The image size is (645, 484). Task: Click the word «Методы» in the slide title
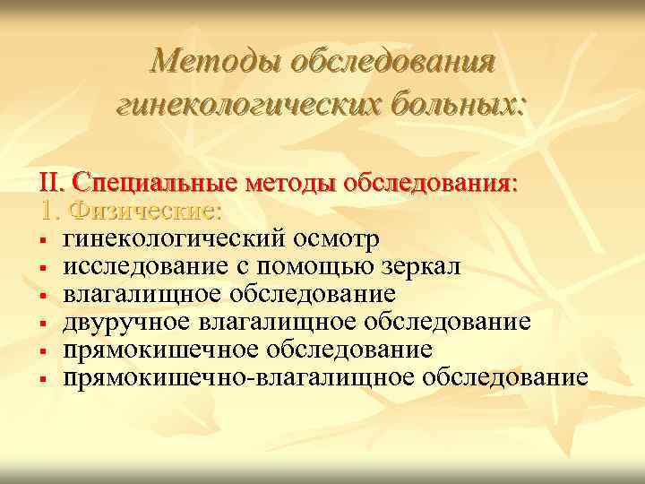click(204, 62)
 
